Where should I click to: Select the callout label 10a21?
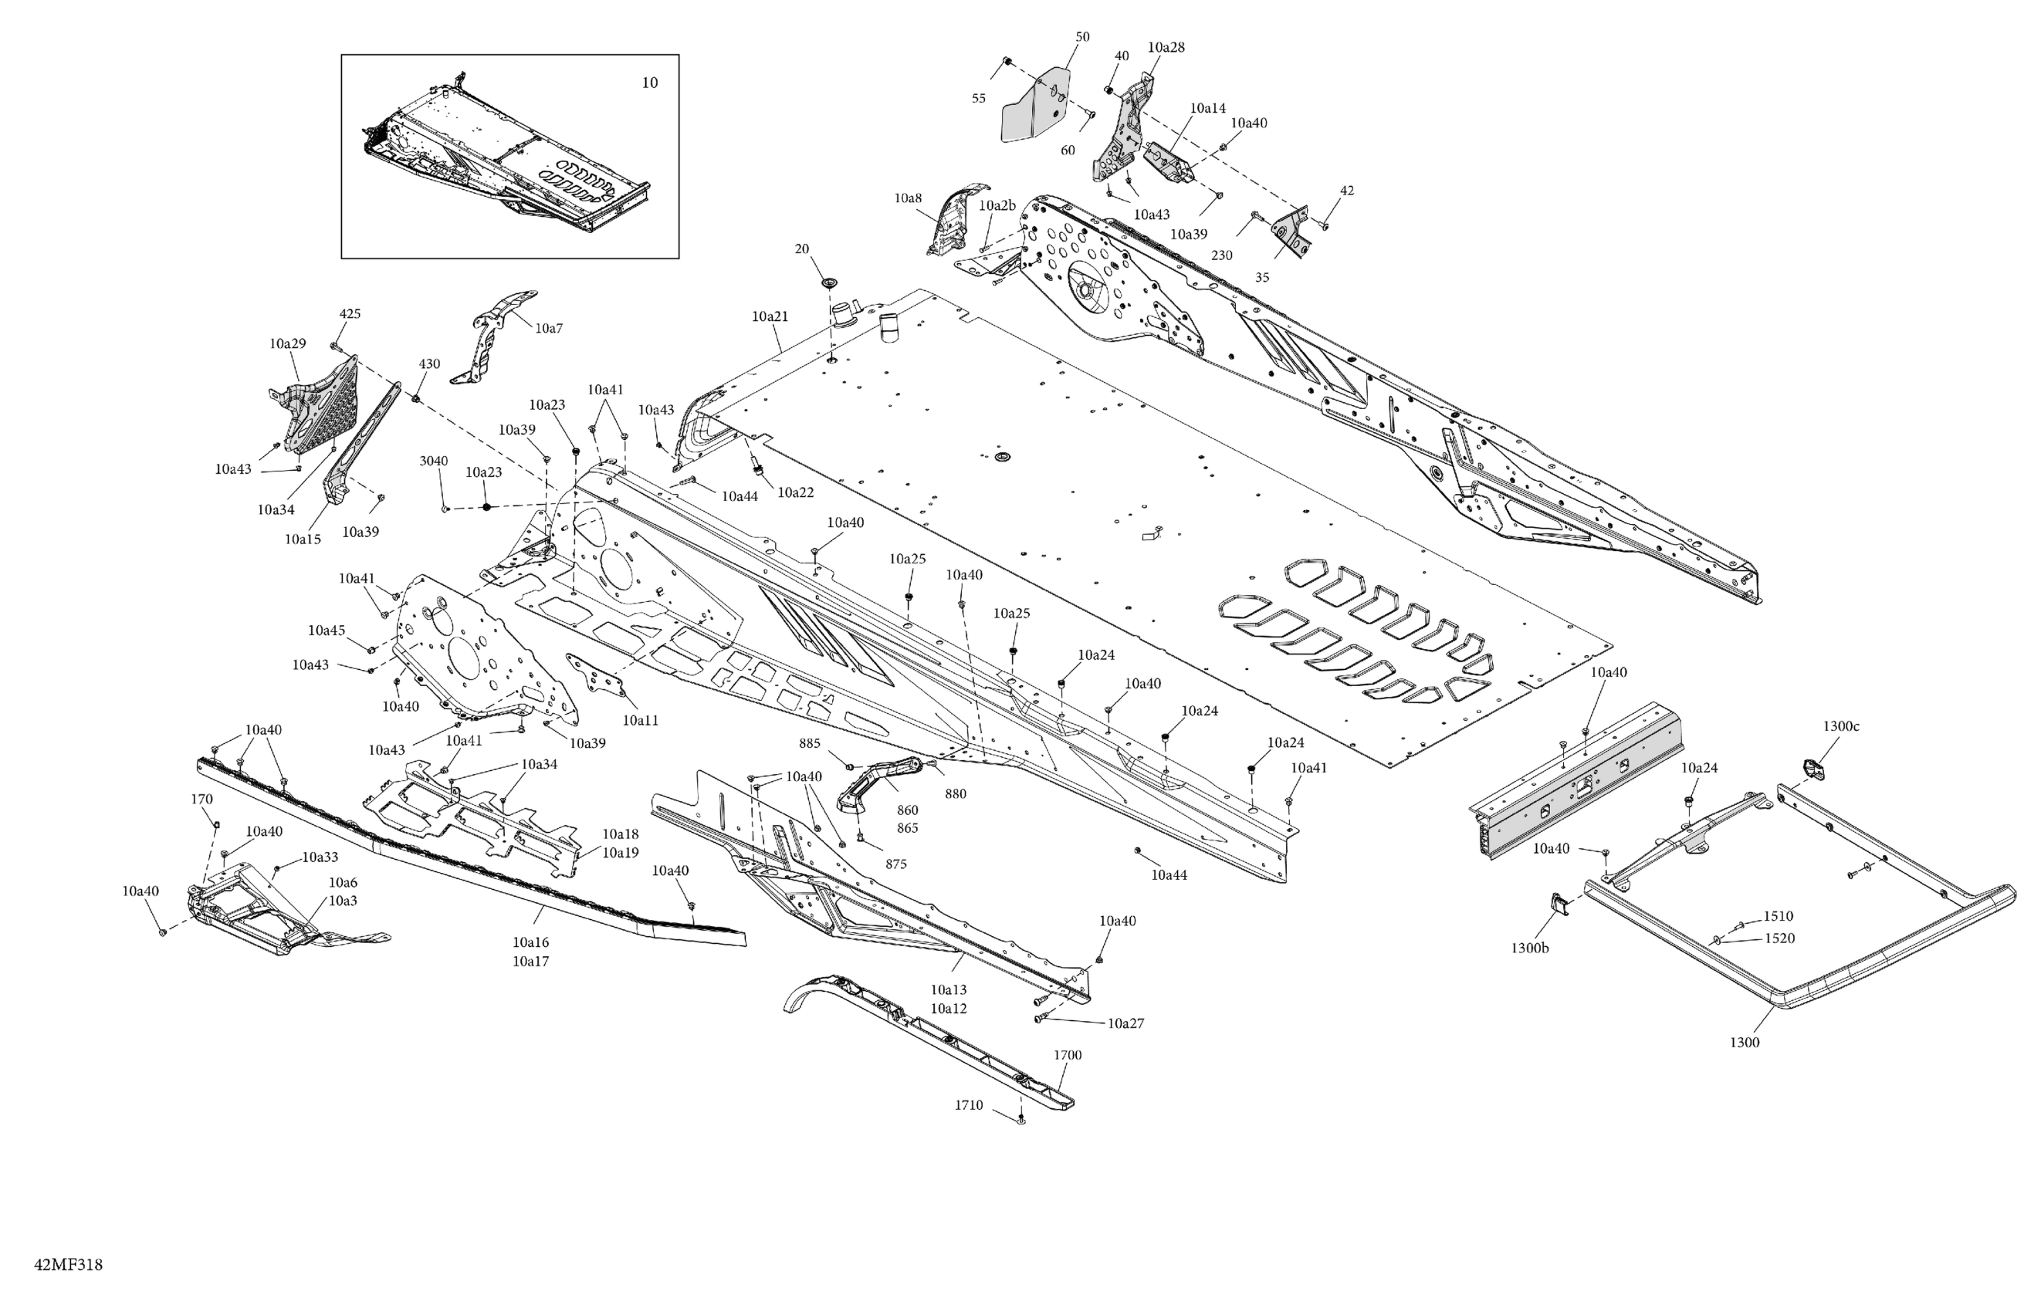click(x=770, y=316)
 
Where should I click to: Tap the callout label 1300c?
click(x=1840, y=726)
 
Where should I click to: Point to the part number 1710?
click(x=969, y=1104)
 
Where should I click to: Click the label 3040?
click(x=434, y=461)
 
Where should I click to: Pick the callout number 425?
click(x=350, y=314)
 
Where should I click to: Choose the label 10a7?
click(x=549, y=328)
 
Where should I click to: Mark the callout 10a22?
click(x=795, y=492)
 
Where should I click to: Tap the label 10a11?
click(x=641, y=720)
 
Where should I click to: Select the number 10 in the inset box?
click(x=649, y=83)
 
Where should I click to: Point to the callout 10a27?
click(x=1125, y=1023)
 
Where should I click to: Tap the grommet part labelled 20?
click(x=828, y=282)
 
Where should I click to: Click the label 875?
click(x=895, y=864)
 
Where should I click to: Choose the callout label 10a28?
click(x=1166, y=48)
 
